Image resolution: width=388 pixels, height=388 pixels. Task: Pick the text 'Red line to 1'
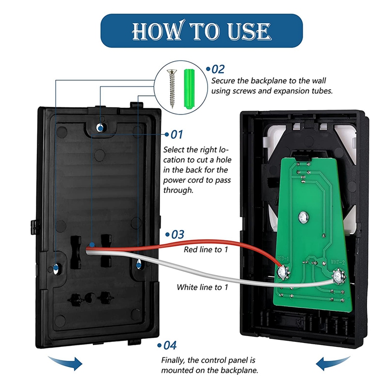click(206, 250)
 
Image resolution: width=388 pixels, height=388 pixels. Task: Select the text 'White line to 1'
click(202, 287)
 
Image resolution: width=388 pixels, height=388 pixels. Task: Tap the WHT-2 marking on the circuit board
click(338, 262)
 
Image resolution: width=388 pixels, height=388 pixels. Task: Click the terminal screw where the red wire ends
click(282, 274)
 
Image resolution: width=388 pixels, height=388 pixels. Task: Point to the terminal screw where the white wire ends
click(337, 278)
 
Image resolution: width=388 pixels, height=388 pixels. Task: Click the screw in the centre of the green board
click(304, 215)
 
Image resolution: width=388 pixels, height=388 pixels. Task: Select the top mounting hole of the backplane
click(100, 127)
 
